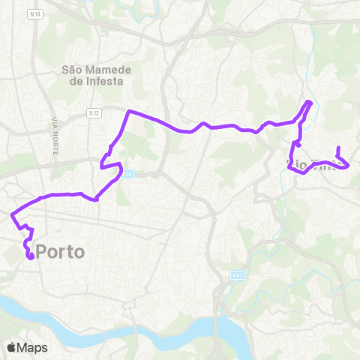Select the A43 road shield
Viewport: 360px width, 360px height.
tap(238, 276)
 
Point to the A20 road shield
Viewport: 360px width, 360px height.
tap(128, 174)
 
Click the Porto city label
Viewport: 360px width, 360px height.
tap(60, 252)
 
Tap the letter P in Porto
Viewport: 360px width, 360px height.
tap(42, 252)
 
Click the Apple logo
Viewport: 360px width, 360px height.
tap(11, 346)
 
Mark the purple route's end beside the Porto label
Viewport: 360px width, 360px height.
tap(30, 256)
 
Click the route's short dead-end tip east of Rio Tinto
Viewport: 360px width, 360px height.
tap(339, 148)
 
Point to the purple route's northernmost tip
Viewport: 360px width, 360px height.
tap(309, 102)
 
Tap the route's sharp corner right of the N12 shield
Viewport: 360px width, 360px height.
tap(130, 111)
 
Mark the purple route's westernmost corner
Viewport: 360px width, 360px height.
tap(11, 215)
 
